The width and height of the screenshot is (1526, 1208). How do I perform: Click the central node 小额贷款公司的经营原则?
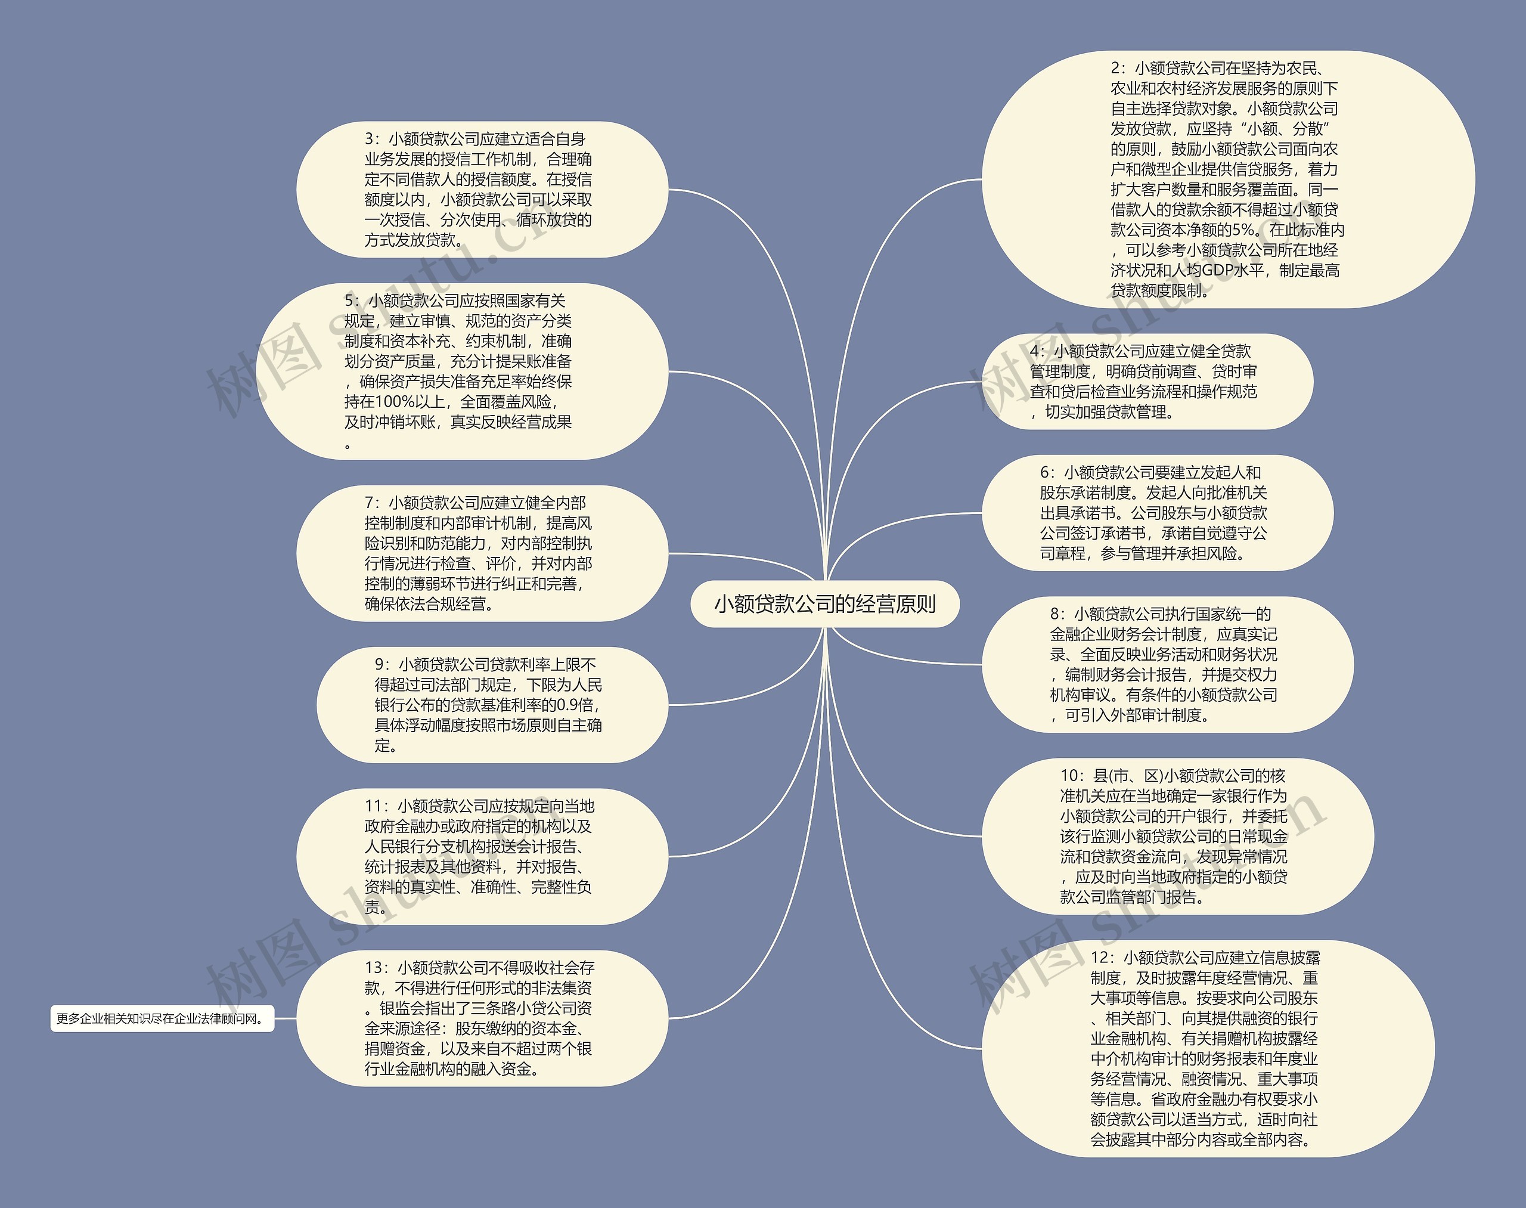(824, 604)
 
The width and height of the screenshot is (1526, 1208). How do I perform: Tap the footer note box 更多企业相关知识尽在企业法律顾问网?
(162, 1018)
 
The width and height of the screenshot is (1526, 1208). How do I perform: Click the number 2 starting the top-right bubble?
(1116, 68)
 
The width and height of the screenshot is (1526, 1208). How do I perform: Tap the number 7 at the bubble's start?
(369, 503)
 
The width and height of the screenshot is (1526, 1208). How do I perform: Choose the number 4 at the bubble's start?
(1035, 351)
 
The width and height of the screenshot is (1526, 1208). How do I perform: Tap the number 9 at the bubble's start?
(380, 665)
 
